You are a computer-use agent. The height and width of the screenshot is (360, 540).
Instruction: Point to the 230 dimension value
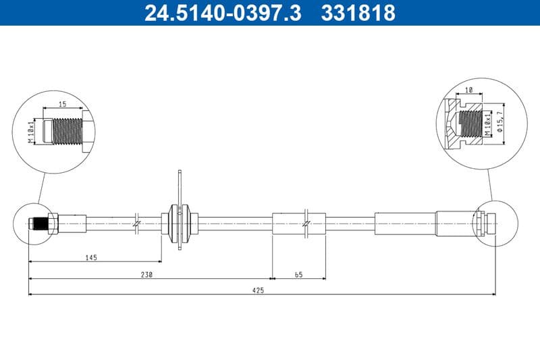pyautogui.click(x=147, y=274)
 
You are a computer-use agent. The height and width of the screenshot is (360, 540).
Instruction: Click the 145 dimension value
pyautogui.click(x=92, y=257)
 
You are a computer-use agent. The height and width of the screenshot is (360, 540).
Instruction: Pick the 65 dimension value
pyautogui.click(x=298, y=274)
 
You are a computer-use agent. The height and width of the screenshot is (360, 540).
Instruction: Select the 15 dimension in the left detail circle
pyautogui.click(x=61, y=104)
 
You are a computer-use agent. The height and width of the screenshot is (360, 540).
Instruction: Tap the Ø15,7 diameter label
pyautogui.click(x=500, y=122)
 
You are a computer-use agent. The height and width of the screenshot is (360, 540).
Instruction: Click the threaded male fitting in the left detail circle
pyautogui.click(x=65, y=129)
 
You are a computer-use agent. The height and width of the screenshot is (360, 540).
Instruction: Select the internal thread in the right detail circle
pyautogui.click(x=469, y=124)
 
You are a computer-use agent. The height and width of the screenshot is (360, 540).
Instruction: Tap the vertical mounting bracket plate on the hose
pyautogui.click(x=180, y=209)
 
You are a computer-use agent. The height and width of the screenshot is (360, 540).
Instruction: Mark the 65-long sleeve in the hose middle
pyautogui.click(x=298, y=223)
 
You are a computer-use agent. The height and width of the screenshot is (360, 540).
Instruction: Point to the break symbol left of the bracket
pyautogui.click(x=137, y=222)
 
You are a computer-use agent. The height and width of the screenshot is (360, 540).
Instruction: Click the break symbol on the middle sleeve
pyautogui.click(x=306, y=223)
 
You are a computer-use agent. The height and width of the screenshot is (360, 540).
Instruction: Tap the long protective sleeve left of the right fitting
pyautogui.click(x=405, y=223)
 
